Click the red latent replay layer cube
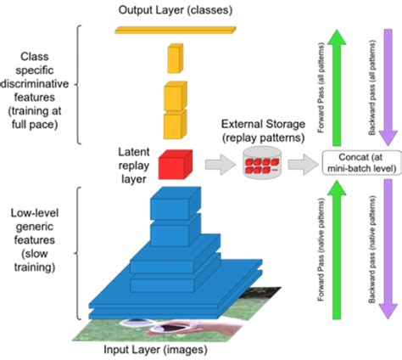coord(175,163)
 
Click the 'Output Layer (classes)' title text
coord(178,9)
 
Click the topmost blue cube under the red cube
coord(175,205)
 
